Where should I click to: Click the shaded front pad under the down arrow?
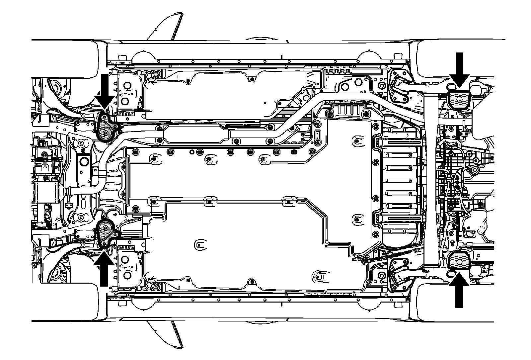coord(106,130)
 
